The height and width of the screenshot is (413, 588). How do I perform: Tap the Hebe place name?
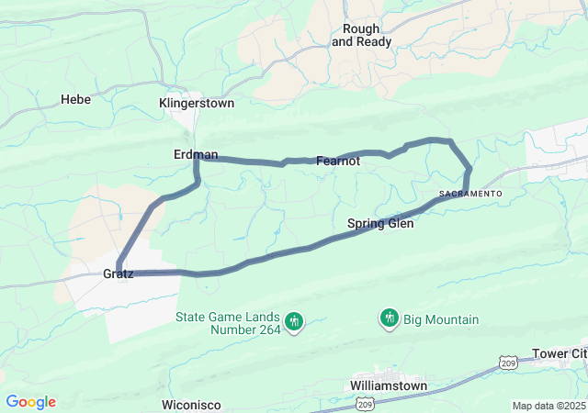click(x=75, y=99)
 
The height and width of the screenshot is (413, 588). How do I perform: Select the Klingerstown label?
click(x=197, y=104)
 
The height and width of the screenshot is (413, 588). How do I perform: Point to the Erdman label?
click(x=196, y=154)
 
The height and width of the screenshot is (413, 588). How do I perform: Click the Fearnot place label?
click(x=338, y=161)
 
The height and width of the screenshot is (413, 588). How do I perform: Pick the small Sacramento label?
click(x=470, y=194)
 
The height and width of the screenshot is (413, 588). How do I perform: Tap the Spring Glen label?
click(x=380, y=223)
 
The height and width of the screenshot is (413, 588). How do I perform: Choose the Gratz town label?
click(x=118, y=273)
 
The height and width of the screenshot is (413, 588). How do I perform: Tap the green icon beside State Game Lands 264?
click(x=294, y=321)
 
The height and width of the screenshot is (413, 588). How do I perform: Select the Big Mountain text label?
click(x=442, y=319)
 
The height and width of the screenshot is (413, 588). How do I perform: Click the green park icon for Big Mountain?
click(x=390, y=318)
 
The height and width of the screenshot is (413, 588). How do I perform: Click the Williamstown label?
click(x=389, y=386)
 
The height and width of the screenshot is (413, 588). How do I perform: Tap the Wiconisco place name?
click(x=194, y=405)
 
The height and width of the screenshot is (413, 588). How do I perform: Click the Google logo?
click(x=30, y=402)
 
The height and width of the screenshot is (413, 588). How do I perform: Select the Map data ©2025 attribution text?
click(x=548, y=406)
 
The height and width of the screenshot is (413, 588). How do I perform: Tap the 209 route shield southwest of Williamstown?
click(x=364, y=404)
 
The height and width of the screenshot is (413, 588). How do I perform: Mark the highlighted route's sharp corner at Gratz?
click(x=119, y=272)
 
